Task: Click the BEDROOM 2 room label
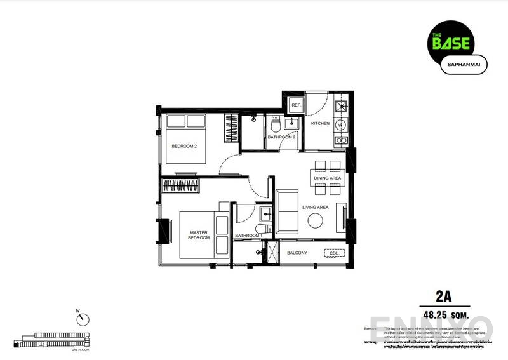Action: pyautogui.click(x=184, y=146)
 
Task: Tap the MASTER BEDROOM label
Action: pyautogui.click(x=199, y=236)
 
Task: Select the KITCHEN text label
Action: pyautogui.click(x=320, y=123)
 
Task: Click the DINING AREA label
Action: pyautogui.click(x=328, y=178)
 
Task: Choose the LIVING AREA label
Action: pyautogui.click(x=315, y=208)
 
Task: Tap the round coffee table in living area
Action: pyautogui.click(x=315, y=220)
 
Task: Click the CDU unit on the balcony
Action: pyautogui.click(x=333, y=253)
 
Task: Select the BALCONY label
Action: pyautogui.click(x=297, y=253)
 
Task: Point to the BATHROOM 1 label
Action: pyautogui.click(x=248, y=236)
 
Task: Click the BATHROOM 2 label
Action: pyautogui.click(x=281, y=137)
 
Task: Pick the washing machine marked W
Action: pyautogui.click(x=340, y=124)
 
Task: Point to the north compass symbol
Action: pyautogui.click(x=84, y=319)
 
